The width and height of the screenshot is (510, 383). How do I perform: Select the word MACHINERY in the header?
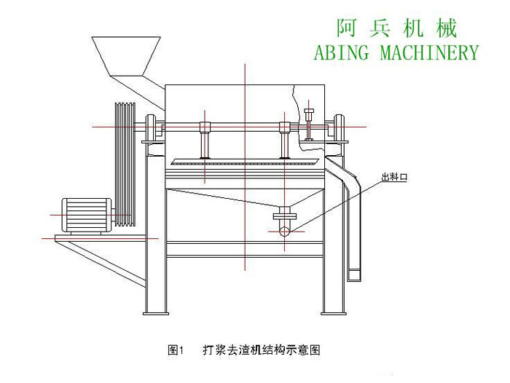(x=431, y=52)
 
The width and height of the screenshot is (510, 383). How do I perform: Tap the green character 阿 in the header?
(x=347, y=28)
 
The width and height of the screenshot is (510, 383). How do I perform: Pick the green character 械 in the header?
(x=446, y=28)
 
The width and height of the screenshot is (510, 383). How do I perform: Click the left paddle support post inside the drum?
(x=205, y=142)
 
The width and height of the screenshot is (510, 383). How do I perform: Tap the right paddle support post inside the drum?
(x=285, y=142)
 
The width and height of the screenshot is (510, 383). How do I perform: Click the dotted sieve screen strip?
(x=244, y=162)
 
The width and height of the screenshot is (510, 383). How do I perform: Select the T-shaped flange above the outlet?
(x=285, y=216)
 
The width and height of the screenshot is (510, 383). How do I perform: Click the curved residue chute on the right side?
(x=353, y=218)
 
